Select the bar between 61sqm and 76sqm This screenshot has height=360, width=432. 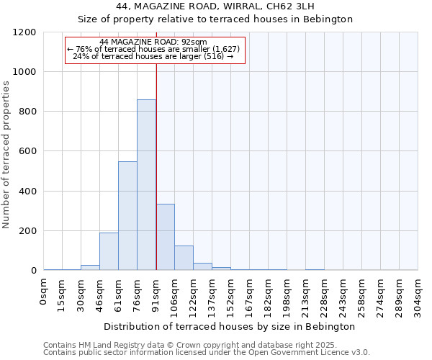127,216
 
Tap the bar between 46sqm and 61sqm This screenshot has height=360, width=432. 109,251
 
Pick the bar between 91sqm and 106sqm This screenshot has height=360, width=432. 165,237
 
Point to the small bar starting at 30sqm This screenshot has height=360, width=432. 90,267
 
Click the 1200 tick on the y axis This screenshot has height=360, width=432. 24,32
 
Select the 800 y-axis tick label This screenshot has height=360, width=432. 27,112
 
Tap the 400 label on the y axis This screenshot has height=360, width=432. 27,192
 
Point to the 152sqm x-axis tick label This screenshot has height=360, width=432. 231,295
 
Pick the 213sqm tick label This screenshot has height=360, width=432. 306,295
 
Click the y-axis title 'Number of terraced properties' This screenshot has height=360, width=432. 6,155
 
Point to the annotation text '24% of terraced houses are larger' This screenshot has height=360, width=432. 153,56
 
